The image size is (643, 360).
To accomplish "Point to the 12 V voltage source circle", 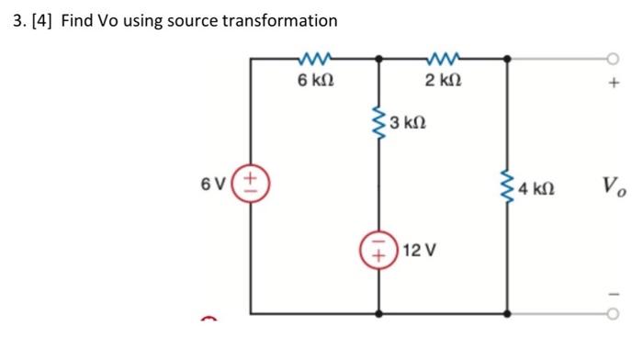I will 378,249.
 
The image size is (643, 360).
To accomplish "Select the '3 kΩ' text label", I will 406,122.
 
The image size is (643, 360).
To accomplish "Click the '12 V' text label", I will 412,249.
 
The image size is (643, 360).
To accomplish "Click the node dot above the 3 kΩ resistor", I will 379,58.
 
